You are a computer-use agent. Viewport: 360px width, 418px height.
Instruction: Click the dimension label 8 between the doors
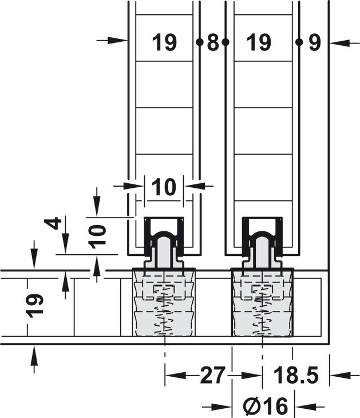(213, 42)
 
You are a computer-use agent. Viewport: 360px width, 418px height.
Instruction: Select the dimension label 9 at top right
(314, 42)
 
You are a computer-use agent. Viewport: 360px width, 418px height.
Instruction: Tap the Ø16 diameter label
(266, 406)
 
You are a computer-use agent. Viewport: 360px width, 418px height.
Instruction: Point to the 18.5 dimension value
(296, 375)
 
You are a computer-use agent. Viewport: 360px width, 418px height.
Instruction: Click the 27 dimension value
(213, 375)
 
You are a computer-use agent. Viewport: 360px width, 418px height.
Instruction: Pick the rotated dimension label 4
(53, 223)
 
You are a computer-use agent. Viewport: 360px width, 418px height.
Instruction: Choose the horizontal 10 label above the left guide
(164, 187)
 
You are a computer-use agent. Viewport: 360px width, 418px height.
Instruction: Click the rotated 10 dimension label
(97, 236)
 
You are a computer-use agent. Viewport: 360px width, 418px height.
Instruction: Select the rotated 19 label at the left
(35, 306)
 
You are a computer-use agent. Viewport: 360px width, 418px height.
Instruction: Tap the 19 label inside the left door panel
(164, 42)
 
